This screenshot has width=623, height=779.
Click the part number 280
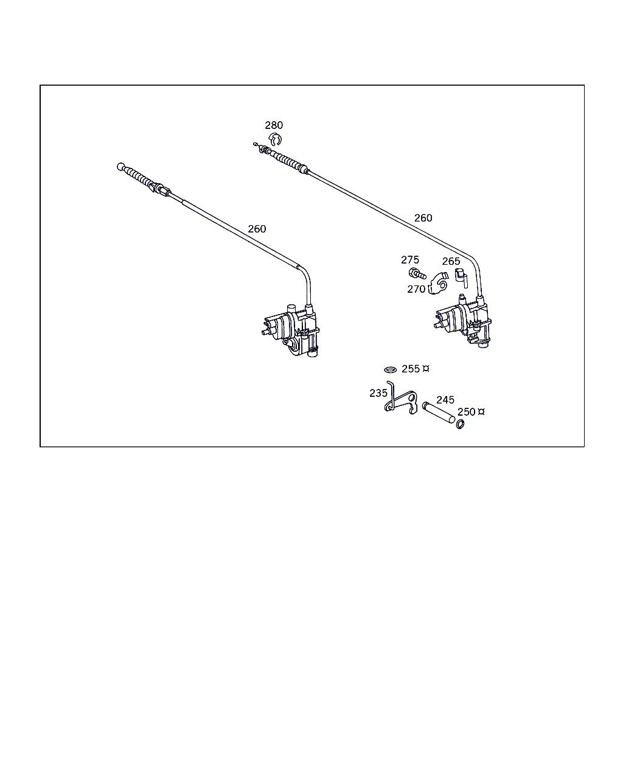pyautogui.click(x=274, y=125)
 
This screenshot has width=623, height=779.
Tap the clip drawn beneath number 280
pyautogui.click(x=275, y=139)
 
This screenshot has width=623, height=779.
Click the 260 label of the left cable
pyautogui.click(x=257, y=229)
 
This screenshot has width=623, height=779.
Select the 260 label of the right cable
pyautogui.click(x=423, y=218)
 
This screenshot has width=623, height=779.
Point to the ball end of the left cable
pyautogui.click(x=121, y=167)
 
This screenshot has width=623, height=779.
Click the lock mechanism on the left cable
pyautogui.click(x=291, y=330)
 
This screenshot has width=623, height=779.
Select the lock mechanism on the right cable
pyautogui.click(x=463, y=321)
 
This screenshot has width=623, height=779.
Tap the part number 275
pyautogui.click(x=410, y=260)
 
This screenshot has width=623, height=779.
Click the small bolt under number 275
pyautogui.click(x=417, y=274)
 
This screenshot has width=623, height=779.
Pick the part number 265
pyautogui.click(x=451, y=261)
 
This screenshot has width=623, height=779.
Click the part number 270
pyautogui.click(x=416, y=289)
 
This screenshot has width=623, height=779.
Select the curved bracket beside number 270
pyautogui.click(x=439, y=283)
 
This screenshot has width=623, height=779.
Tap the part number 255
pyautogui.click(x=411, y=369)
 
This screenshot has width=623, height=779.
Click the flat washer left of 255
pyautogui.click(x=390, y=369)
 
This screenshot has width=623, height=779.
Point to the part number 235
pyautogui.click(x=378, y=393)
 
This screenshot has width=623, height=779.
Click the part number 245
pyautogui.click(x=445, y=400)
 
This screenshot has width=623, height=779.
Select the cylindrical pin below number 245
pyautogui.click(x=439, y=412)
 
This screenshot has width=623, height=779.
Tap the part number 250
pyautogui.click(x=466, y=412)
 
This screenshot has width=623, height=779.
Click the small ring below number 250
pyautogui.click(x=460, y=424)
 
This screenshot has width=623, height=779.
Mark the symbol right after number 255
pyautogui.click(x=426, y=369)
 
